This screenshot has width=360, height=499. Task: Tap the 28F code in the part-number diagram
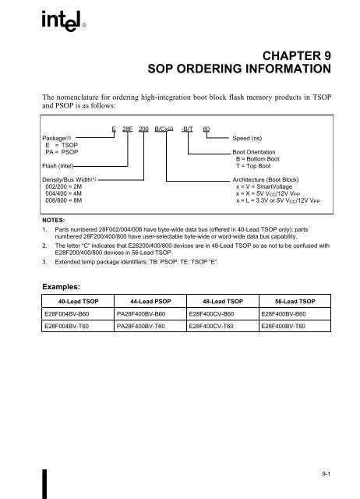pos(127,129)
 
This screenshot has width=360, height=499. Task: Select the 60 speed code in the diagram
pos(206,129)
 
